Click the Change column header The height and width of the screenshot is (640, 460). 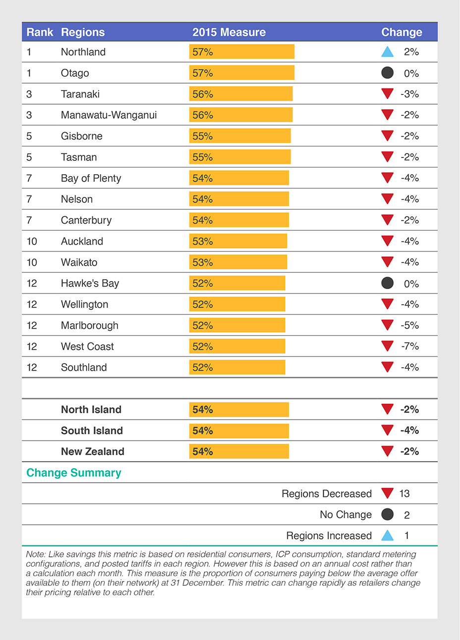click(x=402, y=32)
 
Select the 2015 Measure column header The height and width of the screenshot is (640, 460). click(x=229, y=32)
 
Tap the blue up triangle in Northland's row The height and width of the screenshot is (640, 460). click(x=388, y=51)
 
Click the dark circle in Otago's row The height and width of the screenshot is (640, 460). click(x=388, y=73)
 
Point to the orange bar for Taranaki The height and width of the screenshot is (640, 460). click(x=241, y=94)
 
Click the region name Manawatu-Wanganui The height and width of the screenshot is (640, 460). click(x=109, y=115)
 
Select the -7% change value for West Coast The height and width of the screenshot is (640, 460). click(x=410, y=346)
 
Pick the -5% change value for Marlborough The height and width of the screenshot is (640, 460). click(x=410, y=325)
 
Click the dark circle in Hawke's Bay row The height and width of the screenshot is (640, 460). click(x=388, y=283)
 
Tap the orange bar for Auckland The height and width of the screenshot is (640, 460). click(x=238, y=241)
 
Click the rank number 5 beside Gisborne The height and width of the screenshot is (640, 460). click(x=29, y=136)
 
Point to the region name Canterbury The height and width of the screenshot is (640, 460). click(x=86, y=220)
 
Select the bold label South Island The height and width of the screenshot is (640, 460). click(x=92, y=431)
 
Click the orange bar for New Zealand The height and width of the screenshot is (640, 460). click(x=239, y=451)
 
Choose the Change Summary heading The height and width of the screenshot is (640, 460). click(x=74, y=473)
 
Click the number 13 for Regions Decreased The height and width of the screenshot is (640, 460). click(x=404, y=493)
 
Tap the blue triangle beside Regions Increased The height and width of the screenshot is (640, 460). click(x=388, y=535)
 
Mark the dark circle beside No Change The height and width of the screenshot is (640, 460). click(x=388, y=514)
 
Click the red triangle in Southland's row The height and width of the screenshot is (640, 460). click(x=388, y=367)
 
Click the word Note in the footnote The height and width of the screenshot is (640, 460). click(x=35, y=554)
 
